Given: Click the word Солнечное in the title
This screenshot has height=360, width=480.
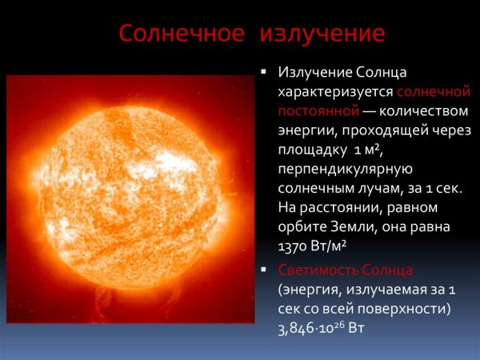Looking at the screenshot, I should pos(181,34).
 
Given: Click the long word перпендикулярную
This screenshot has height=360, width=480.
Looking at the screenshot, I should pos(345,169).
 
